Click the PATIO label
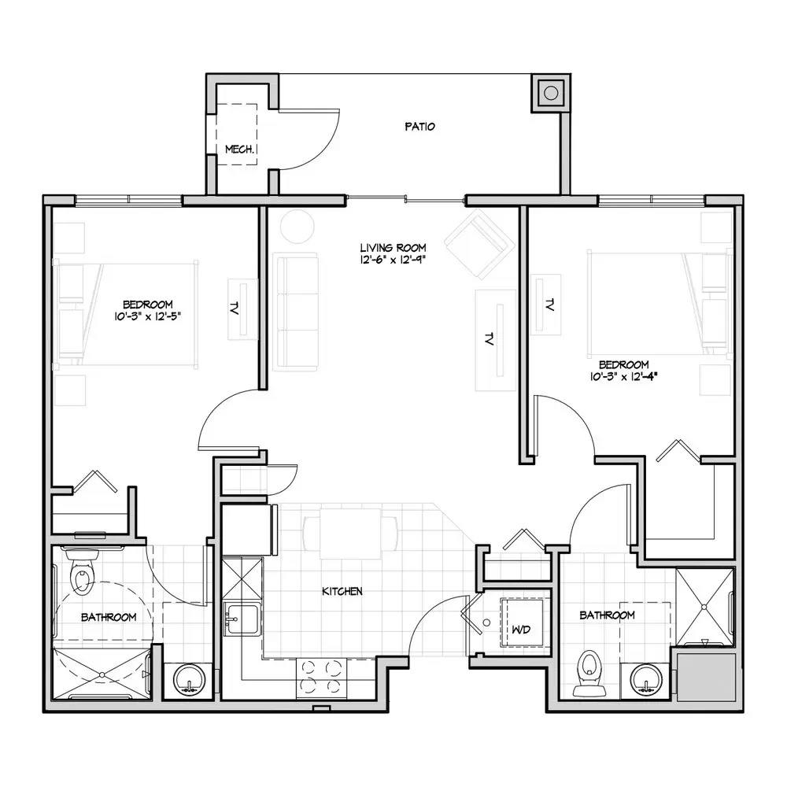coord(419,127)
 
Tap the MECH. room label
coord(240,149)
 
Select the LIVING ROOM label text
coord(393,247)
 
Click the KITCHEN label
coord(342,591)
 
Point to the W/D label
coord(521,630)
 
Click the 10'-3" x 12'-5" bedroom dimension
coord(147,316)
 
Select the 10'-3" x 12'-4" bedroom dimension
coord(624,376)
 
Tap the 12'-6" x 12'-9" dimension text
coord(393,260)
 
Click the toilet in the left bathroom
coord(81,571)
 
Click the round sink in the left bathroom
coord(189,681)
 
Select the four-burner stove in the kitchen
coord(321,678)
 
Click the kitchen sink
coord(241,619)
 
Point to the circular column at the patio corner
coord(551,94)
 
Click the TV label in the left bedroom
coord(234,308)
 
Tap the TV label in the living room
coord(489,339)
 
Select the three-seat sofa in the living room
coord(296,312)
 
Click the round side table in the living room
coord(297,226)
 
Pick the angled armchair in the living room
coord(480,244)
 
